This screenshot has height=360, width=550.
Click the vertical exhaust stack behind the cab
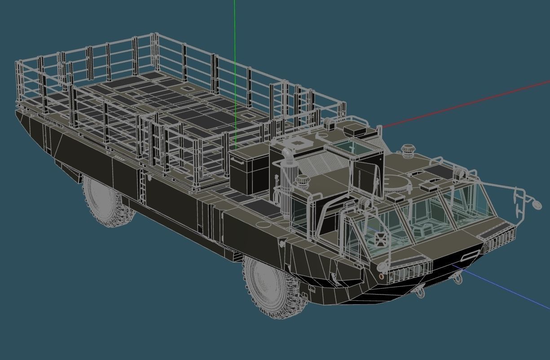(286, 180)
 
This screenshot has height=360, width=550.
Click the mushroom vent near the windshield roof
(407, 151)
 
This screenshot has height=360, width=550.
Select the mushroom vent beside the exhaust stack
(302, 182)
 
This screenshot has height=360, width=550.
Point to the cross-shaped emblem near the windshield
(380, 238)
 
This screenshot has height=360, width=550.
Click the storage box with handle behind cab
(249, 171)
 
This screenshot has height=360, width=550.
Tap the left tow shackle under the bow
(420, 294)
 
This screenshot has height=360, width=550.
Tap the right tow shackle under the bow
(458, 279)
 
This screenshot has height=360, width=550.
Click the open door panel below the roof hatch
(365, 177)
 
